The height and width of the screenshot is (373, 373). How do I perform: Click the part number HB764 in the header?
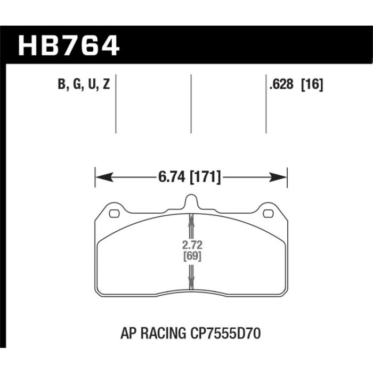tap(69, 46)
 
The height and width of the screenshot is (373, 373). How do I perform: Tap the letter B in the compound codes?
tap(61, 84)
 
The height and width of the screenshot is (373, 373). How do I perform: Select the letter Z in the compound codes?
tap(106, 84)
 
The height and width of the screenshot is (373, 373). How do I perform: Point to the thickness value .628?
tap(281, 84)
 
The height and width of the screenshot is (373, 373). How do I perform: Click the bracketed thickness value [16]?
tap(312, 84)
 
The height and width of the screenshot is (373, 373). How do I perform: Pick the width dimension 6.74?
tap(172, 177)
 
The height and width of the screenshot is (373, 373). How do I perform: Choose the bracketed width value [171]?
tap(205, 177)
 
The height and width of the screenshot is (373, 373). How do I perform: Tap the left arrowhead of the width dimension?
tap(104, 177)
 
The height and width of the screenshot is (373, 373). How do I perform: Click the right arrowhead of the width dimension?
tap(278, 177)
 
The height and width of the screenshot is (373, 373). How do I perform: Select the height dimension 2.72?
tap(192, 245)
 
